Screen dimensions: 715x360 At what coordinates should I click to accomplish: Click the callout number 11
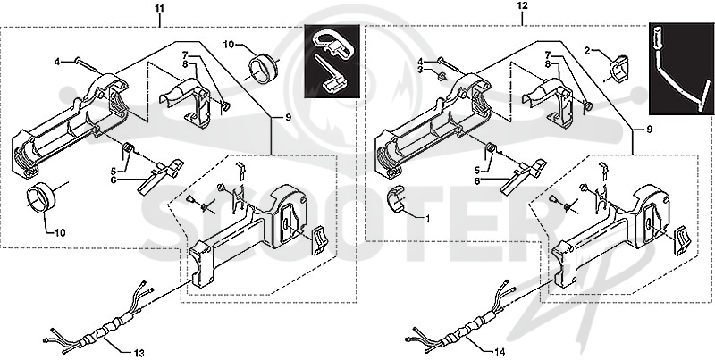(x=160, y=9)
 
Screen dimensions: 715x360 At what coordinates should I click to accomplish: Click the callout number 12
(x=523, y=5)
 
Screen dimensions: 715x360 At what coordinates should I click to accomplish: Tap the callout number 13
(x=139, y=353)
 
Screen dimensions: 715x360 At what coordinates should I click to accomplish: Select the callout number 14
(x=500, y=351)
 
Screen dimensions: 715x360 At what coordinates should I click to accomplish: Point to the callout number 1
(x=427, y=219)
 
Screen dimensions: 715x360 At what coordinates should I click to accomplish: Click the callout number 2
(x=587, y=51)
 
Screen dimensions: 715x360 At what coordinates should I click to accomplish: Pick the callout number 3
(x=421, y=69)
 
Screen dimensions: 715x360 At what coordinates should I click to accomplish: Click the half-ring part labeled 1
(x=395, y=198)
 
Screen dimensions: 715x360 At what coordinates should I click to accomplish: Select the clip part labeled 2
(x=618, y=69)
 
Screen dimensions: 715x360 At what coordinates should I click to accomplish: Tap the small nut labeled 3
(x=441, y=76)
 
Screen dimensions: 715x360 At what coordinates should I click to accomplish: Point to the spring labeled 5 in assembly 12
(x=491, y=149)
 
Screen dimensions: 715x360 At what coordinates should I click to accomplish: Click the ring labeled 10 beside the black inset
(x=263, y=69)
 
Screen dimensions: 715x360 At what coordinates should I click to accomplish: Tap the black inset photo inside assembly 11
(x=332, y=61)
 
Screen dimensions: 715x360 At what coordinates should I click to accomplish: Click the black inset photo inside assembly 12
(x=681, y=69)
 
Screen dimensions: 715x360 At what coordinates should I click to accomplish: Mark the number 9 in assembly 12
(x=650, y=130)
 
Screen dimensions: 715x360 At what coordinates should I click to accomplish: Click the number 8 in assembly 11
(x=185, y=64)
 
